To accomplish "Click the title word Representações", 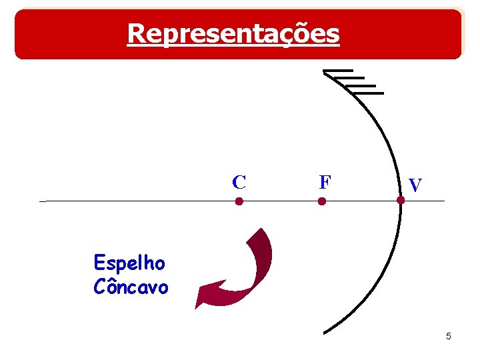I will [x=233, y=33].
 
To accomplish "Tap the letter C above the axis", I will [x=239, y=181].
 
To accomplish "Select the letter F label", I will [x=325, y=181].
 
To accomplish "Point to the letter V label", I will [x=415, y=185].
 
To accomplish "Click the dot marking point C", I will [x=239, y=201].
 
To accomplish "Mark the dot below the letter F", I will [x=322, y=201].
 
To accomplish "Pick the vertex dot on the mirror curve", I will [x=401, y=200].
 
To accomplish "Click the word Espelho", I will [x=129, y=263].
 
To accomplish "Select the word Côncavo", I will [x=131, y=287].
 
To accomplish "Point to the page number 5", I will [x=449, y=336].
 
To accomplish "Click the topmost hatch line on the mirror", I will [x=337, y=71].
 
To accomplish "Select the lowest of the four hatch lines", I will [x=369, y=93].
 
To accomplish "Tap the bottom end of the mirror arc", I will [x=324, y=332].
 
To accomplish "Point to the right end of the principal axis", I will [x=443, y=201].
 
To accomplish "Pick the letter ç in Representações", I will [x=289, y=34].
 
